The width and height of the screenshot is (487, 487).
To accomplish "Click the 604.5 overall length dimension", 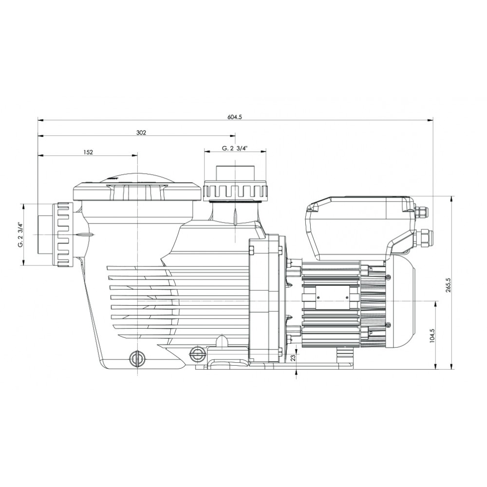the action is (235, 117).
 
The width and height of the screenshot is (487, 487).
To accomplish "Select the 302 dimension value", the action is (141, 132).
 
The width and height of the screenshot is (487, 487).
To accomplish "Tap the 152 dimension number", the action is (88, 152).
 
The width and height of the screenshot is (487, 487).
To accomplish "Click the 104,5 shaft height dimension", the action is (432, 336).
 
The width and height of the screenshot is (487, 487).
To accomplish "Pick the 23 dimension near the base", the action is (293, 358).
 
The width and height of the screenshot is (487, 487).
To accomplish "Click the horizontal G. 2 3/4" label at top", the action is (235, 149).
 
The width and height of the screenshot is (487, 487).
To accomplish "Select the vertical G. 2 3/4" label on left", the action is (20, 235).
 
